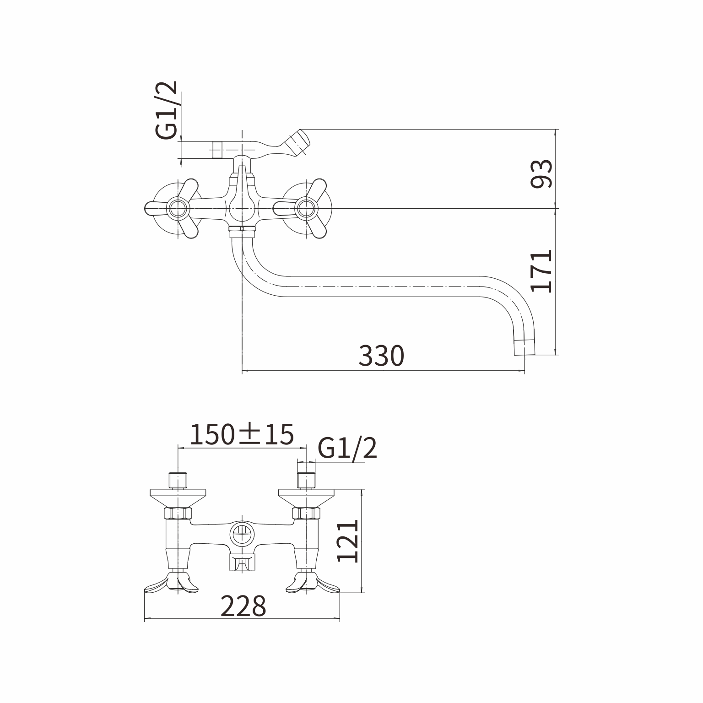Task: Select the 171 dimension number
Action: (541, 271)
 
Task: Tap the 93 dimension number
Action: (541, 174)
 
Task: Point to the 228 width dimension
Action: (243, 606)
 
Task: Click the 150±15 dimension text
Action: (242, 434)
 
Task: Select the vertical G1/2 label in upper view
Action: (166, 110)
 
